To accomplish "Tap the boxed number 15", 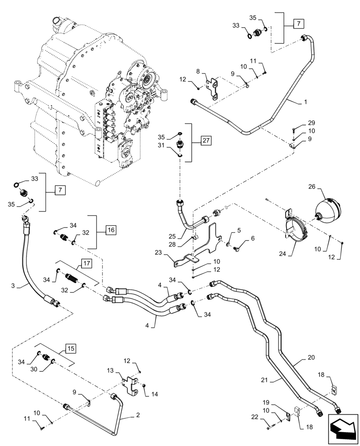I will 71,347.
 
